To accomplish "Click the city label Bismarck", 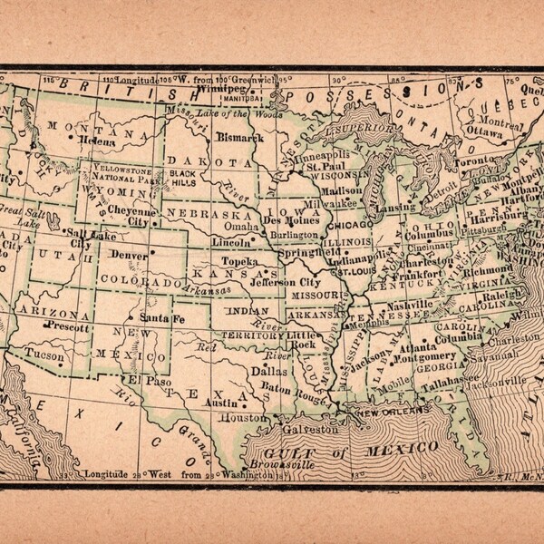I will (x=241, y=138).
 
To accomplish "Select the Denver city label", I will (x=128, y=256).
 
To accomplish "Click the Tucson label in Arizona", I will (x=45, y=355).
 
